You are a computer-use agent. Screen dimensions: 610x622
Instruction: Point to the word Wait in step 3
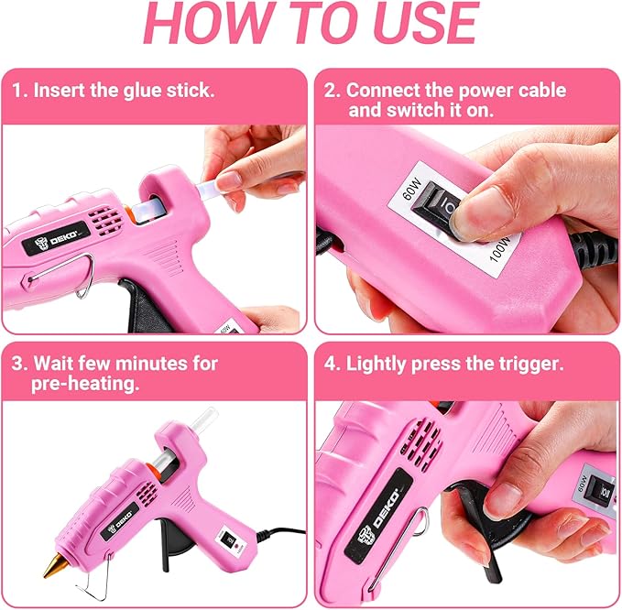pos(54,364)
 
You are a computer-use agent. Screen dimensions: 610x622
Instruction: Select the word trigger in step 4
pos(526,364)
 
